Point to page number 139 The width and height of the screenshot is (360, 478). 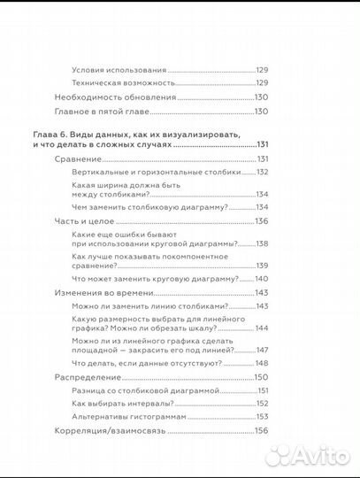coord(261,266)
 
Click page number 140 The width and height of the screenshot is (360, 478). coord(261,278)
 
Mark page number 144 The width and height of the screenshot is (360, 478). coord(261,328)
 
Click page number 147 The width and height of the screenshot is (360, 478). coord(261,351)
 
